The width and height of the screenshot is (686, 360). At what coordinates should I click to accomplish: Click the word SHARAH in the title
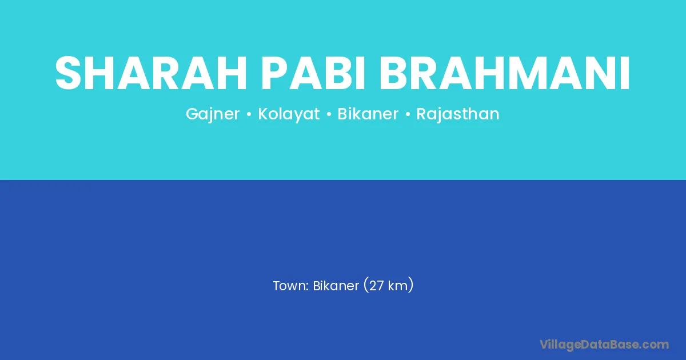tap(151, 73)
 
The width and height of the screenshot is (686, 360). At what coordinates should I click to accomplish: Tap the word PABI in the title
tap(313, 73)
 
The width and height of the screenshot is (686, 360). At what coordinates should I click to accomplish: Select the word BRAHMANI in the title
tap(505, 73)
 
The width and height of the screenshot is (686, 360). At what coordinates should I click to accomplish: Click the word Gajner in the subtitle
tap(213, 114)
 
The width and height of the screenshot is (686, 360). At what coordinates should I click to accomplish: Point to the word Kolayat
tap(289, 114)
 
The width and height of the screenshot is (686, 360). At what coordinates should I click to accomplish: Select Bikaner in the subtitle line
tap(368, 114)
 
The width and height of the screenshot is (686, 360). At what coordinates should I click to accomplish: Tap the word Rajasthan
tap(457, 114)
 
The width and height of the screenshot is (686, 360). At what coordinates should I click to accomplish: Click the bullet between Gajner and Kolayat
tap(249, 114)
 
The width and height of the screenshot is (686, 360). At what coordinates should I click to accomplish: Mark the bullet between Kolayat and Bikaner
tap(329, 114)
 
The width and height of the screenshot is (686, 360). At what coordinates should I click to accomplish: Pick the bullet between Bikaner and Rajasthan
tap(408, 114)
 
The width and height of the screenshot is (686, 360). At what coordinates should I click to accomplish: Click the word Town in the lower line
tap(290, 286)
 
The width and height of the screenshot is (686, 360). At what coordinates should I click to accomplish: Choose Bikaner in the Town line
tap(336, 286)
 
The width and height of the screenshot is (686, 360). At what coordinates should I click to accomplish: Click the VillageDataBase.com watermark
tap(604, 345)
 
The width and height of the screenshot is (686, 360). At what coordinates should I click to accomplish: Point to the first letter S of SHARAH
tap(68, 73)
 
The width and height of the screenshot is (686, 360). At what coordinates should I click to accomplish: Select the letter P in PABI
tap(274, 73)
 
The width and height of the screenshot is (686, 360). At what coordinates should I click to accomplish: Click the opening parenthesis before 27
tap(365, 285)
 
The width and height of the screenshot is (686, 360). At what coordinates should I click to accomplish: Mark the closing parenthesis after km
tap(411, 285)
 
